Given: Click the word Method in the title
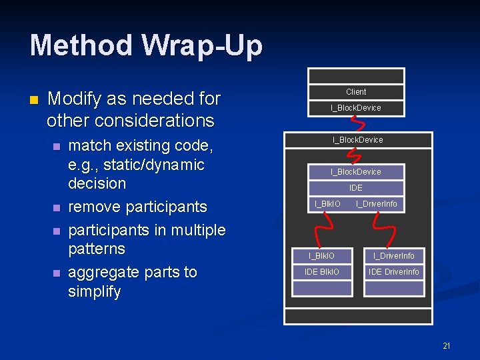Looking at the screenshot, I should point(81,46).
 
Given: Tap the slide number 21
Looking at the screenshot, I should point(447,345).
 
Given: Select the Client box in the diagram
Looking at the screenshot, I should point(356,92).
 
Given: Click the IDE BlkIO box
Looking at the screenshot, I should point(321,272).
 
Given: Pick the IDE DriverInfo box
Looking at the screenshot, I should point(394,272).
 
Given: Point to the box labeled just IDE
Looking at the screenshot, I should point(356,188).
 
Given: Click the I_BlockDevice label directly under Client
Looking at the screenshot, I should point(356,108).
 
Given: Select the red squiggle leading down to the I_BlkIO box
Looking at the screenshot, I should point(321,230).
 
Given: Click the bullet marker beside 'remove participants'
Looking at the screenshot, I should point(57,208).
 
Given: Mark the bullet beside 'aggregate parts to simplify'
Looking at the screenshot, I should point(57,273).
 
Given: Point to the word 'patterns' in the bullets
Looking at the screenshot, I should point(97,249).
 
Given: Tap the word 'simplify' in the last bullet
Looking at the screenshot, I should point(95,291).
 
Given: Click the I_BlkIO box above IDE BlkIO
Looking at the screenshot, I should point(321,256).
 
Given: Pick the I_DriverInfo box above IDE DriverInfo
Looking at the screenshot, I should point(394,256).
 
